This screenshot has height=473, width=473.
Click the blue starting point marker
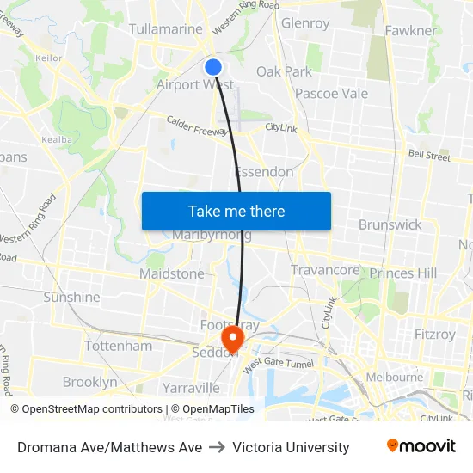[x=213, y=66]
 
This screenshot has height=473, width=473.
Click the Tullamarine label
[x=165, y=29]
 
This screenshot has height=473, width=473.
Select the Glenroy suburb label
[x=305, y=23]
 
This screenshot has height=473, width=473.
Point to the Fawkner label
[x=411, y=30]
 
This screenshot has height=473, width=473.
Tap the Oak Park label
[x=284, y=71]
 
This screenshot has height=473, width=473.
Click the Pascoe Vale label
[x=331, y=93]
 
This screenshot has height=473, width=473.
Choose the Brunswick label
[x=390, y=224]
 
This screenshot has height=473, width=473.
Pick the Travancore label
[x=325, y=270]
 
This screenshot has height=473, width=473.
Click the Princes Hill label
[x=403, y=273]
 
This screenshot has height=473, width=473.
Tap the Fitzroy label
[x=434, y=333]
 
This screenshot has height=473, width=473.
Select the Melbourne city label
[x=394, y=377]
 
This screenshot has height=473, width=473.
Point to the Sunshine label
[x=71, y=297]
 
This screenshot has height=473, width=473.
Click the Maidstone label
[x=172, y=273]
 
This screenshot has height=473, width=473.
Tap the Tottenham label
[x=118, y=346]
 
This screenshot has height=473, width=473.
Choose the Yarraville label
[x=191, y=388]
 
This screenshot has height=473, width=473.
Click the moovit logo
[x=421, y=446]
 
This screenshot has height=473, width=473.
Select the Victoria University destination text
[x=291, y=447]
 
